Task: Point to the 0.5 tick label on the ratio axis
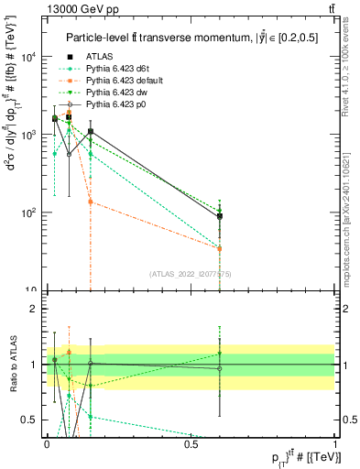pyautogui.click(x=33, y=420)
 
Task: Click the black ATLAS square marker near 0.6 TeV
pyautogui.click(x=220, y=217)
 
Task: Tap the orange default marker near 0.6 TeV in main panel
pyautogui.click(x=220, y=248)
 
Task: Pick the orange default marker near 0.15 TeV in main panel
pyautogui.click(x=90, y=202)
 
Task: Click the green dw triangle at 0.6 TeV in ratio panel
pyautogui.click(x=220, y=354)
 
